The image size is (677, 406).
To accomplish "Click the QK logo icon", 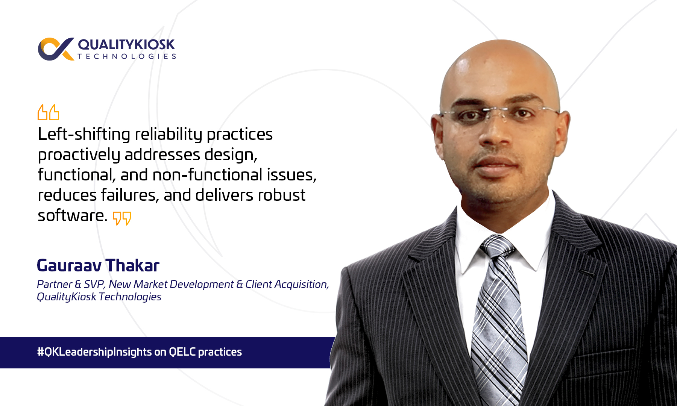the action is (x=56, y=49).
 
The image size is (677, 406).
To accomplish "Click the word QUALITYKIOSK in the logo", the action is (x=126, y=45).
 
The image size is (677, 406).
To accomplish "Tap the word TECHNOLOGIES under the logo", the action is (x=127, y=56).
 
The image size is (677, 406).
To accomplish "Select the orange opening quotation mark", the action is (x=48, y=112).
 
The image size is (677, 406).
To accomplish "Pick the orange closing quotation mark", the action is (x=122, y=218).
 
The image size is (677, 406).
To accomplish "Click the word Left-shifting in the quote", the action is (x=84, y=134).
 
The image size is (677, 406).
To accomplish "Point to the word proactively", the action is (x=79, y=155).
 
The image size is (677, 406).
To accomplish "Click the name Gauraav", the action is (x=69, y=265).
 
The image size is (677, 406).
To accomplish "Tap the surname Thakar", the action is (x=132, y=265).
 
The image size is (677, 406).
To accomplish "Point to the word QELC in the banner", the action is (x=182, y=352).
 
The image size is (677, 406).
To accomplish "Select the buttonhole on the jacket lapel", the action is (x=586, y=273).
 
